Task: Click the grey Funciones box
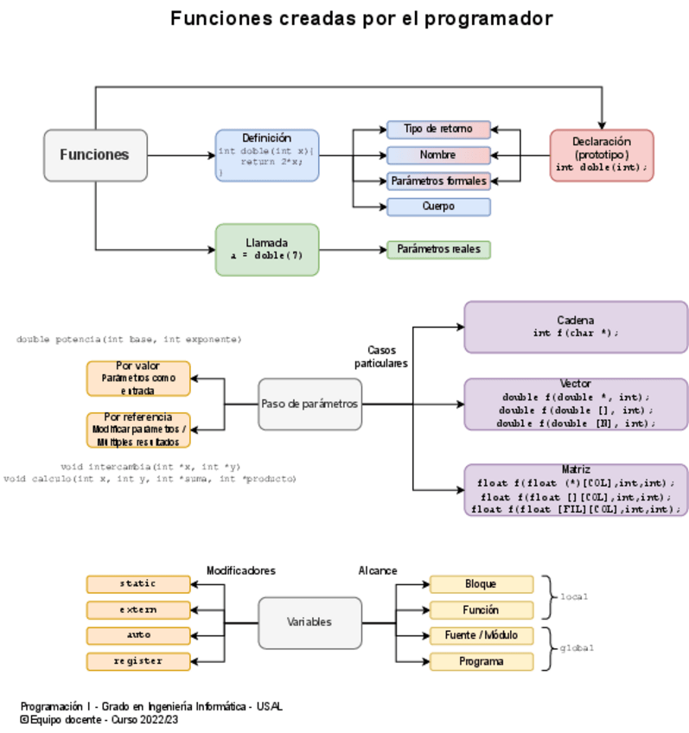click(x=95, y=156)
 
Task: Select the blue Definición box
click(x=266, y=156)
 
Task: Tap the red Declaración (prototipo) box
click(x=601, y=156)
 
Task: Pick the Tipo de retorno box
click(x=438, y=130)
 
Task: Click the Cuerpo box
click(x=438, y=207)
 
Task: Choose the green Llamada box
click(x=266, y=250)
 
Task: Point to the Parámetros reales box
click(x=438, y=250)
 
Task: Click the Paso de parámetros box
click(x=309, y=404)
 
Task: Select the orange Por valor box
click(x=138, y=379)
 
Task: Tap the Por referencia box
click(x=138, y=430)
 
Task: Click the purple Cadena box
click(x=576, y=327)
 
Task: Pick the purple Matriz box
click(x=576, y=489)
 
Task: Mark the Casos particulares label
click(x=381, y=357)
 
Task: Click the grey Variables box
click(x=309, y=622)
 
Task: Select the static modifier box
click(x=138, y=584)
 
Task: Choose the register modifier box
click(x=138, y=661)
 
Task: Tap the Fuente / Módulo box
click(x=481, y=635)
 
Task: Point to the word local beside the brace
click(x=574, y=597)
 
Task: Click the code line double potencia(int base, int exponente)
click(x=129, y=340)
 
